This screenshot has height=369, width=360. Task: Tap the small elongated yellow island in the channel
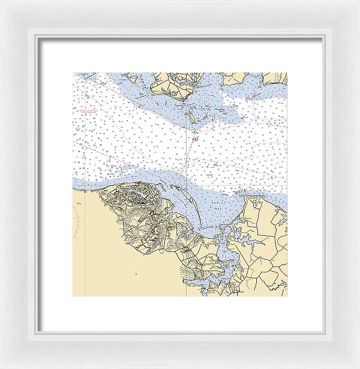pos(191,118)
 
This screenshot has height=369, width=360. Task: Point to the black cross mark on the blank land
pos(136,274)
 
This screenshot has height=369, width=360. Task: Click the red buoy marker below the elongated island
pos(195,139)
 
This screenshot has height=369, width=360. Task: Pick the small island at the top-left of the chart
pos(133,78)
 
